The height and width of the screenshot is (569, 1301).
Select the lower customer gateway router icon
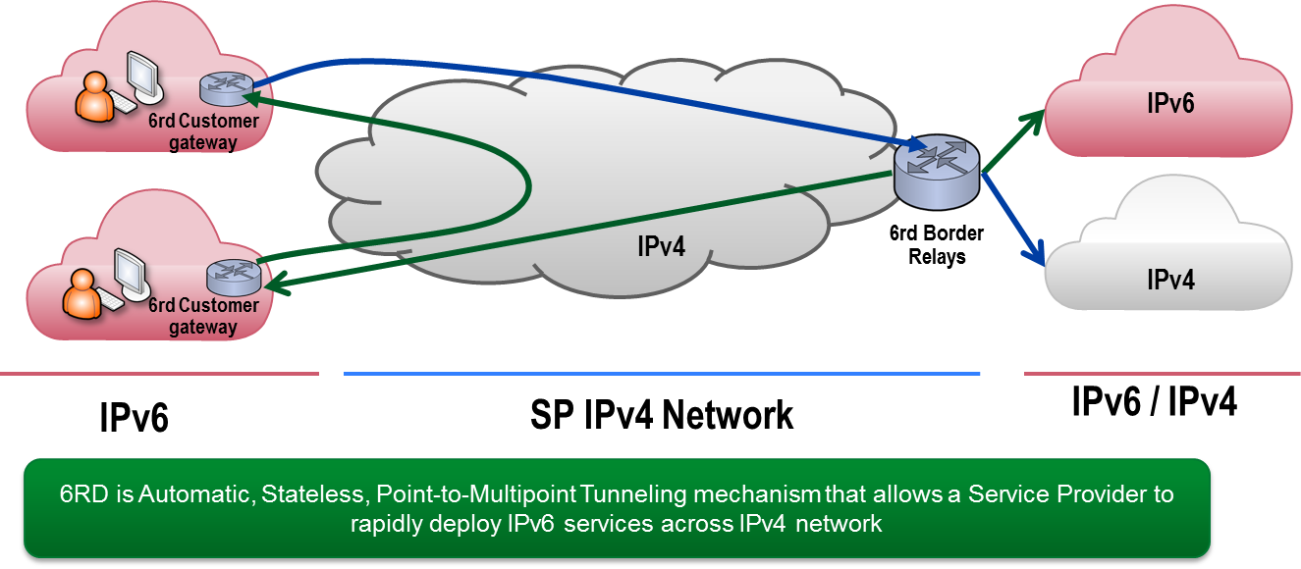233,275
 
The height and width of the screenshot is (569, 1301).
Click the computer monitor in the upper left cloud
143,75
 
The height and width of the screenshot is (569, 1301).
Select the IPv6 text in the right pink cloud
1170,103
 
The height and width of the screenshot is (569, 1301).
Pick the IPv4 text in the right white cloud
1170,279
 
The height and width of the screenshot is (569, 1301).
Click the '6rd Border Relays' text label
936,245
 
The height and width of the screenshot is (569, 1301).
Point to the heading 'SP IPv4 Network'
661,415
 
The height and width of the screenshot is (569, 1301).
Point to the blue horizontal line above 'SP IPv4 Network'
661,374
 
